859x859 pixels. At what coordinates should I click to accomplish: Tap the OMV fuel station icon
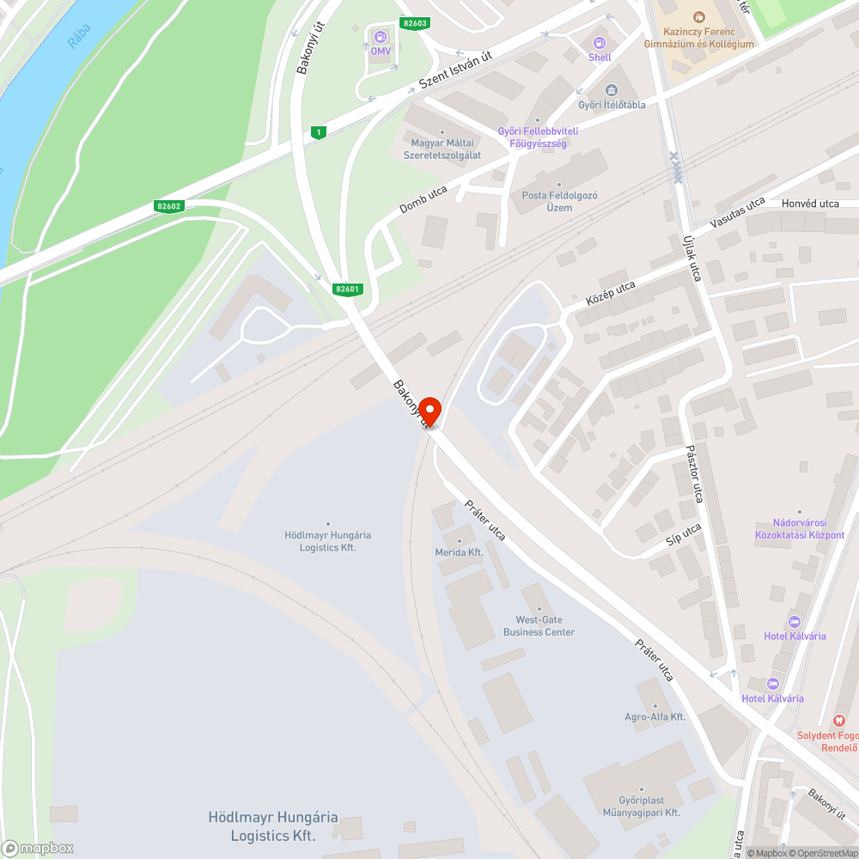(x=380, y=36)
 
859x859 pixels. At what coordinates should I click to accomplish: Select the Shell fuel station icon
(x=600, y=42)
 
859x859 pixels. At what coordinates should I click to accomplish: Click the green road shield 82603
(x=414, y=23)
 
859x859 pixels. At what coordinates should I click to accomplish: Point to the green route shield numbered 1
(x=319, y=131)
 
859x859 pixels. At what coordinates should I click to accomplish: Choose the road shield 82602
(x=169, y=206)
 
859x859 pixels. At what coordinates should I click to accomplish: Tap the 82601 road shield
(x=348, y=289)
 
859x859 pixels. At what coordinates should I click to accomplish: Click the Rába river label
(x=77, y=33)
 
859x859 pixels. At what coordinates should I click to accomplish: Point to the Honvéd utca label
(x=810, y=204)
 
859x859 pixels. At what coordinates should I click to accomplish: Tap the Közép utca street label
(x=610, y=294)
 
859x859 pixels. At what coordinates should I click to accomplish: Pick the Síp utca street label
(x=684, y=533)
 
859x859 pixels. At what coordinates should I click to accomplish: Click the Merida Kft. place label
(x=459, y=552)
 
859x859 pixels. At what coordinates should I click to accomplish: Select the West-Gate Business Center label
(x=539, y=625)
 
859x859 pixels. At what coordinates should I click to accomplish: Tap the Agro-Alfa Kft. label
(x=655, y=716)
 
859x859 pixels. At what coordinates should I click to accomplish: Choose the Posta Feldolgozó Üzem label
(x=559, y=201)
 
